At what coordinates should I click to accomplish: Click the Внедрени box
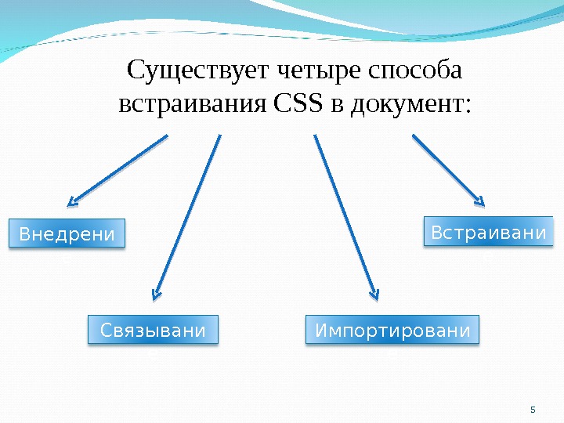tap(66, 233)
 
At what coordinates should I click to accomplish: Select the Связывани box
tap(153, 331)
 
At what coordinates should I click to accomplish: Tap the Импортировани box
tap(392, 331)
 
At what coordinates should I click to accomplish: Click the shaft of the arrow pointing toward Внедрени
tap(121, 168)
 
